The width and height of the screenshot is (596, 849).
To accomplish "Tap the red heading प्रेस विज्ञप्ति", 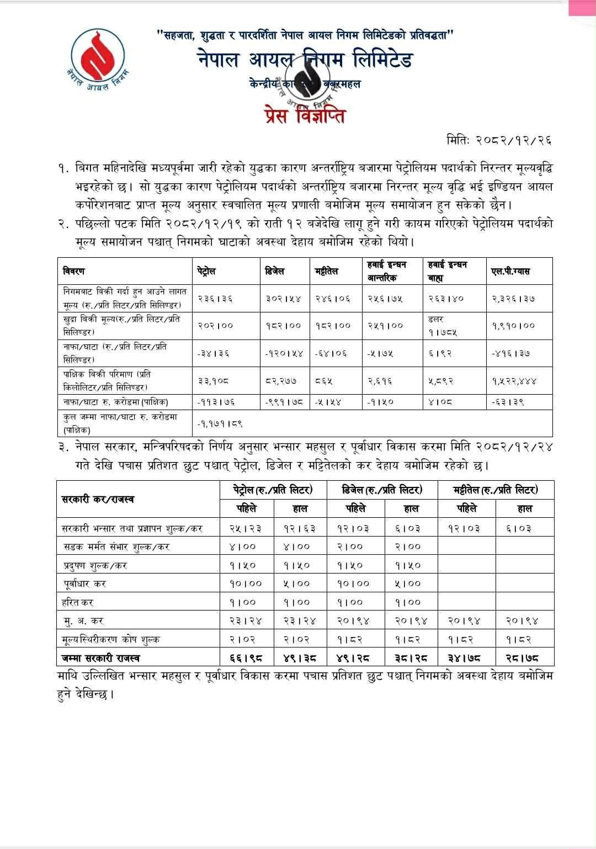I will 305,116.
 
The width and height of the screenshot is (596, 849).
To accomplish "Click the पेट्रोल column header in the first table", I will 206,272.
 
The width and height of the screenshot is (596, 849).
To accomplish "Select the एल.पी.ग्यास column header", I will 510,272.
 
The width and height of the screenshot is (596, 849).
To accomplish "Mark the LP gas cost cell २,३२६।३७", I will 513,299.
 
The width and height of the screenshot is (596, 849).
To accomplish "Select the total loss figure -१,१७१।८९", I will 220,423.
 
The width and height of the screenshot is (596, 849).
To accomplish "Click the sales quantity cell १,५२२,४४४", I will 514,381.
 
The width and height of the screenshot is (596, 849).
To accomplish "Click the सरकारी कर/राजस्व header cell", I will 98,500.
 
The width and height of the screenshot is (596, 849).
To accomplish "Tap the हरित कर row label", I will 78,602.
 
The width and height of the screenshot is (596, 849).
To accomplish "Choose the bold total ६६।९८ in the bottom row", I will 245,658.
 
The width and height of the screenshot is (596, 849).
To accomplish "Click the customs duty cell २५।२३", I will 245,528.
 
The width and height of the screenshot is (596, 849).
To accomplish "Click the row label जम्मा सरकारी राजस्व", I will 101,658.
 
